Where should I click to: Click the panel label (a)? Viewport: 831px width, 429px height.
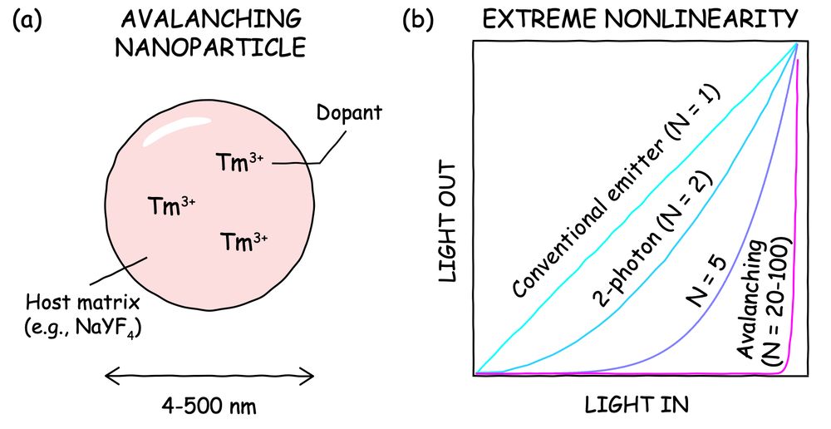click(x=30, y=20)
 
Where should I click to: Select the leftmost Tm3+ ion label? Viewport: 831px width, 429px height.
click(x=170, y=204)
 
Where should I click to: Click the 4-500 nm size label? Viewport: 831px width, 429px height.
click(x=210, y=407)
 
